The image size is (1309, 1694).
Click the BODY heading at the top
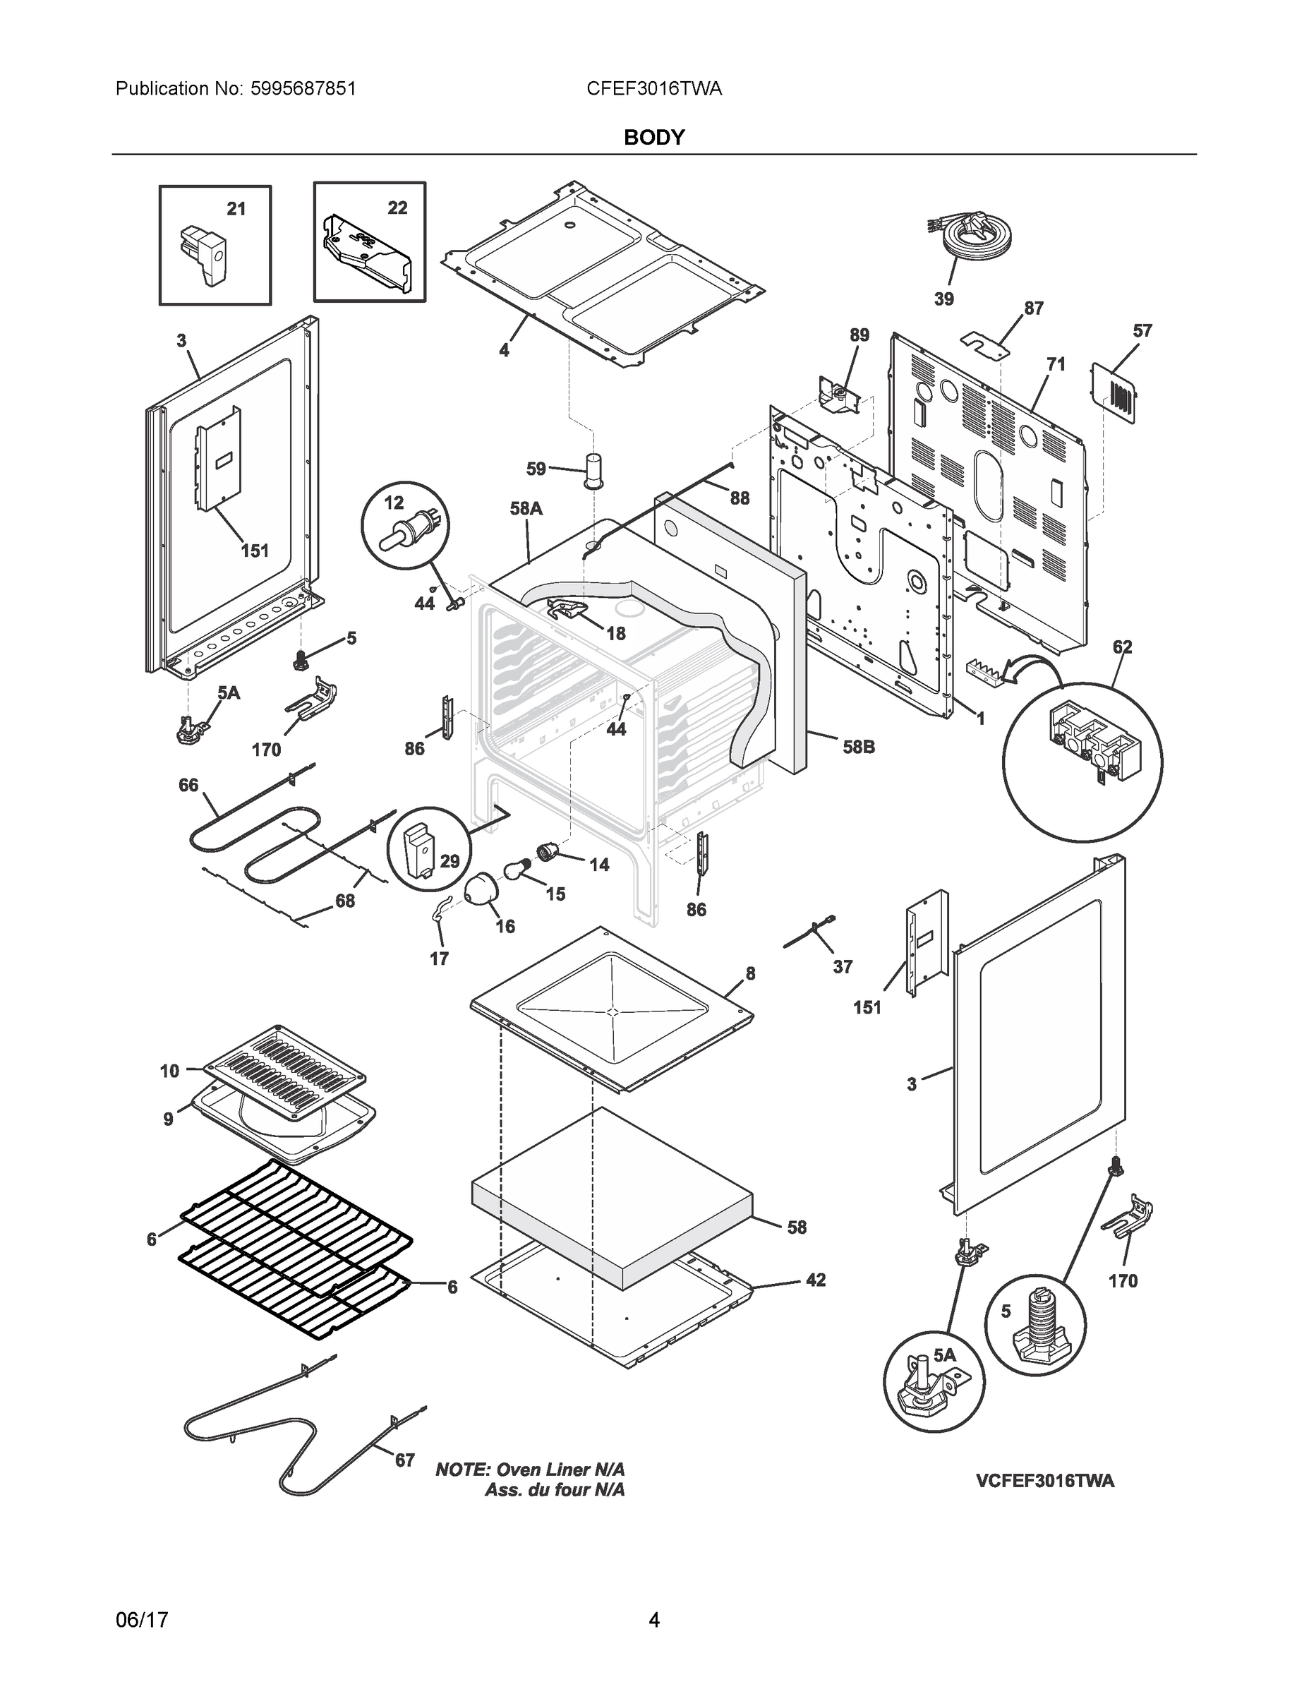[653, 138]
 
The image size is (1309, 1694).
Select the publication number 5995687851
[303, 88]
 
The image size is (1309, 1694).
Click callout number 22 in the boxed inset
[397, 208]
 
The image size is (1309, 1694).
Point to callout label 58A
[526, 509]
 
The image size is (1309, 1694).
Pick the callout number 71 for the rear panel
[1056, 364]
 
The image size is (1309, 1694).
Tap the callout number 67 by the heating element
[405, 1460]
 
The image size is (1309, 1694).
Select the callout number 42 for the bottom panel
[816, 1280]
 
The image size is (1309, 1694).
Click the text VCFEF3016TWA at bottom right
[1044, 1481]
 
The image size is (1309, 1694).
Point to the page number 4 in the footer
[653, 1620]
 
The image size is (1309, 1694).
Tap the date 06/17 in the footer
[142, 1620]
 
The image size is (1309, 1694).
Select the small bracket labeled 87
[983, 344]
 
